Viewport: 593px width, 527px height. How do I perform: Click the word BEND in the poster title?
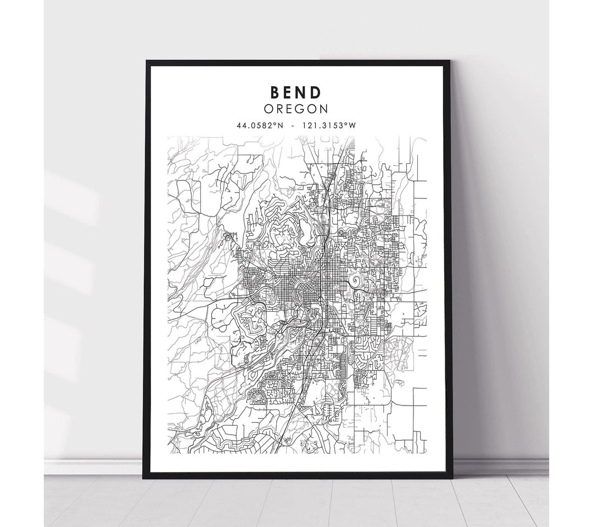click(x=296, y=91)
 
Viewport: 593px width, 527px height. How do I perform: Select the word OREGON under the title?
click(x=296, y=109)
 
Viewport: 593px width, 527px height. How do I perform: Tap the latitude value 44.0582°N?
click(x=259, y=126)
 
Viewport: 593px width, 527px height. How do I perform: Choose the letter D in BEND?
click(x=318, y=91)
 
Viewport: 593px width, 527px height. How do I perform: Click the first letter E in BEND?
click(x=289, y=91)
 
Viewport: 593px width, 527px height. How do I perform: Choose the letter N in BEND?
click(x=303, y=91)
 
